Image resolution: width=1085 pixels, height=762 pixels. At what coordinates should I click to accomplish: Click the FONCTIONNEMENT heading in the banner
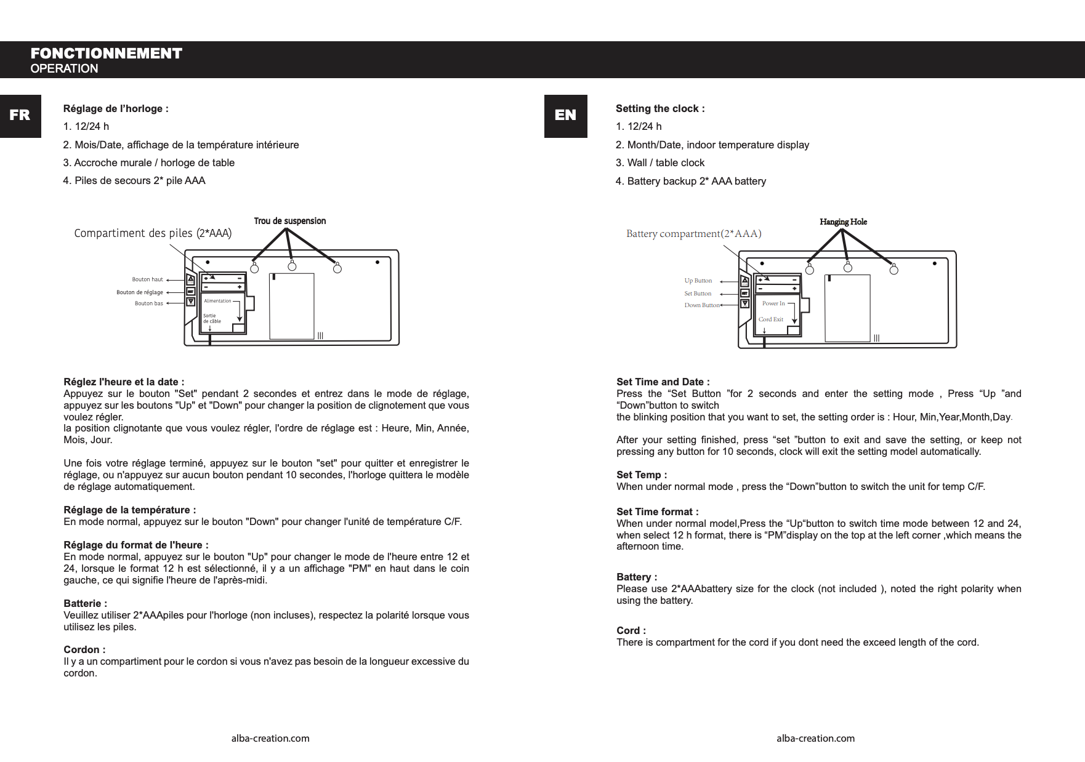[x=106, y=54]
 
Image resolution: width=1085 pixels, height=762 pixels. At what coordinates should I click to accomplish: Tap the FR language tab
[x=20, y=116]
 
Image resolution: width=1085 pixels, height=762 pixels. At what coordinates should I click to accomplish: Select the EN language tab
[x=565, y=116]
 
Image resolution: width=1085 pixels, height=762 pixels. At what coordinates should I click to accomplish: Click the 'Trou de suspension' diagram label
[x=289, y=221]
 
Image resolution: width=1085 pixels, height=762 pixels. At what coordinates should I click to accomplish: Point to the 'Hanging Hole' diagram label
[x=843, y=222]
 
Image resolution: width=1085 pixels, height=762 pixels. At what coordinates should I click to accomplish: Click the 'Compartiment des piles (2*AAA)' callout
[x=153, y=233]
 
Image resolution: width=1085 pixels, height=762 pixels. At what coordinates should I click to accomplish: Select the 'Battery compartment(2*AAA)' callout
[x=693, y=234]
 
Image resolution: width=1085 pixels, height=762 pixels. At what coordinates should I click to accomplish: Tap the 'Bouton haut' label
[x=147, y=279]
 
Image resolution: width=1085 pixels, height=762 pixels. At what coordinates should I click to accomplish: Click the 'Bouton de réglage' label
[x=140, y=292]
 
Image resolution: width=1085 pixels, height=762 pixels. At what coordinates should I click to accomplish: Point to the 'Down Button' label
[x=701, y=305]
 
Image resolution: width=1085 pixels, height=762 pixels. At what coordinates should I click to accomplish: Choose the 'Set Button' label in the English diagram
[x=698, y=294]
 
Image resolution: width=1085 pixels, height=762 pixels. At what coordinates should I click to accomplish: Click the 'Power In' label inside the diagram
[x=773, y=303]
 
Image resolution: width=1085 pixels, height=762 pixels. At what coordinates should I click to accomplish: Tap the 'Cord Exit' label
[x=770, y=319]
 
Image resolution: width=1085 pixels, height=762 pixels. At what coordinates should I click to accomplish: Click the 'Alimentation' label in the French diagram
[x=217, y=301]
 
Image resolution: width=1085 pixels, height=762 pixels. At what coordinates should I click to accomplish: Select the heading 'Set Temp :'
[x=641, y=475]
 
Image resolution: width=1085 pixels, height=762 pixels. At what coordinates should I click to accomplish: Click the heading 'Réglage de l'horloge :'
[x=116, y=109]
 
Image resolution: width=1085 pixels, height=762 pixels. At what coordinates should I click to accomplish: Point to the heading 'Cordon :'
[x=84, y=649]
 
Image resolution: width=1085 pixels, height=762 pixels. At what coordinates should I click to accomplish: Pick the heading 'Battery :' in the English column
[x=636, y=577]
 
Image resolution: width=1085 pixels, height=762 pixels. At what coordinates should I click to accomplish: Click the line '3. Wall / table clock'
[x=659, y=162]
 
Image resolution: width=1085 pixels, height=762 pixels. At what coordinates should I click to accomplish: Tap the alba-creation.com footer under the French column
[x=270, y=738]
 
